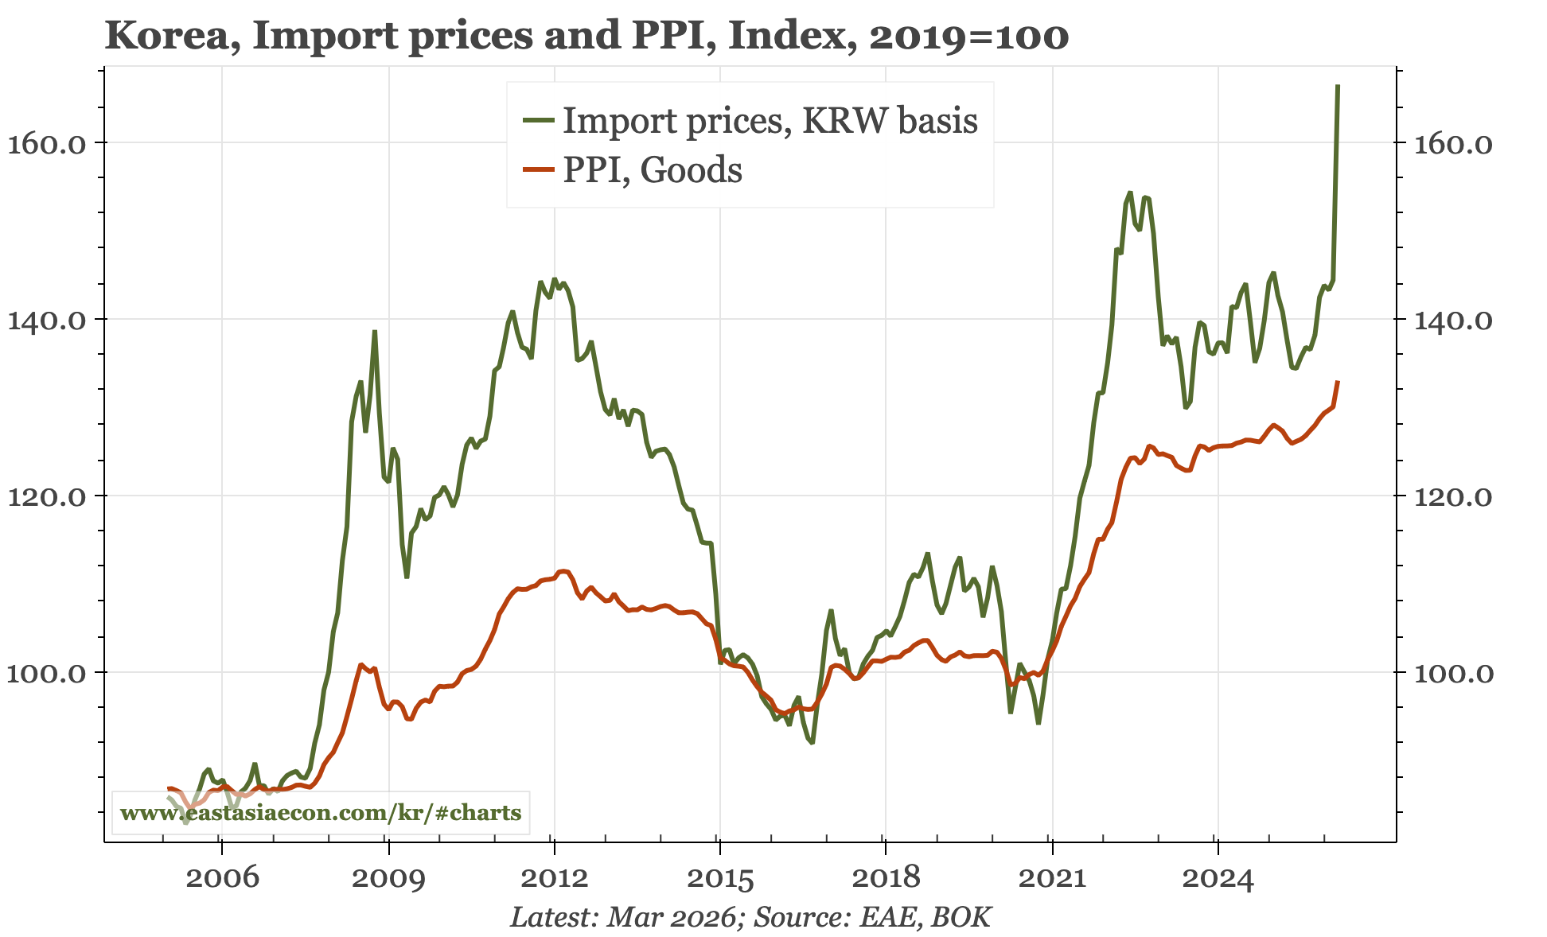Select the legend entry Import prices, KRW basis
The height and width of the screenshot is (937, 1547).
pos(770,120)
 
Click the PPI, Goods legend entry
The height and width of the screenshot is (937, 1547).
pos(653,169)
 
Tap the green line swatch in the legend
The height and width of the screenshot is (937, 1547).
pos(539,120)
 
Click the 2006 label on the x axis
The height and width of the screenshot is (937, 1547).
pos(222,878)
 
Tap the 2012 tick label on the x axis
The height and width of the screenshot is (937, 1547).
pos(554,878)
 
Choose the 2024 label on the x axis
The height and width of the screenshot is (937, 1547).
pos(1217,878)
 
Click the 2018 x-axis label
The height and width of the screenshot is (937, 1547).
pos(885,878)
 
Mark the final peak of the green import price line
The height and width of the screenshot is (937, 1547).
pos(1338,86)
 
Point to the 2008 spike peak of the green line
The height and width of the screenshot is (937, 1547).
pos(374,332)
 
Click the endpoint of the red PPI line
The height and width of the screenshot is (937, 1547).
pos(1338,382)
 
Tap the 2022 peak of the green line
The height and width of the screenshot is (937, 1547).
pos(1129,192)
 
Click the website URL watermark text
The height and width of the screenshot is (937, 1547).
pos(321,812)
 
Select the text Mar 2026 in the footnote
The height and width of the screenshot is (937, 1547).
pos(671,917)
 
